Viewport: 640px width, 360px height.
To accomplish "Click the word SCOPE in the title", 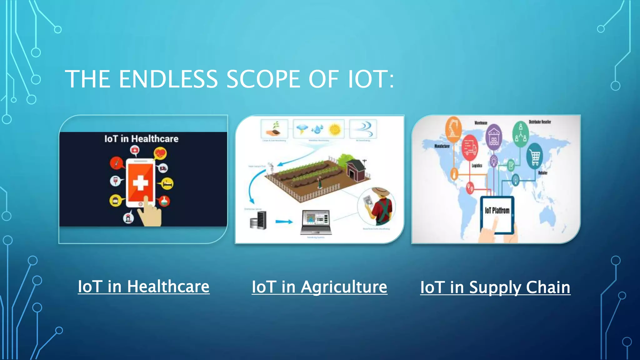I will coord(263,79).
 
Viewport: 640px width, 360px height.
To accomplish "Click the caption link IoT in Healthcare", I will coord(143,287).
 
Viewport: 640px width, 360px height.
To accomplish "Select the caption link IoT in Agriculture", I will coord(319,287).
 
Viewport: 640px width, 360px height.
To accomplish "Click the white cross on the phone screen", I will coord(140,183).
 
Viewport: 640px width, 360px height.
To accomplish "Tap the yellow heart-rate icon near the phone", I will coord(160,153).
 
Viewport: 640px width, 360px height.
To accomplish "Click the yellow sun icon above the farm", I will coord(335,129).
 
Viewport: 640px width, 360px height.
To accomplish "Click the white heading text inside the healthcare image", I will coord(141,139).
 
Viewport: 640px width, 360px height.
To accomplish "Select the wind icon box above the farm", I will coord(363,128).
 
